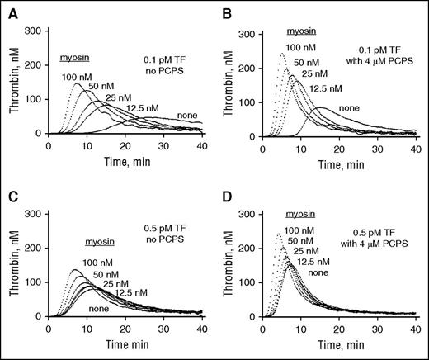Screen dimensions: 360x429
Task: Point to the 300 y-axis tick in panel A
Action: (x=34, y=30)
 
